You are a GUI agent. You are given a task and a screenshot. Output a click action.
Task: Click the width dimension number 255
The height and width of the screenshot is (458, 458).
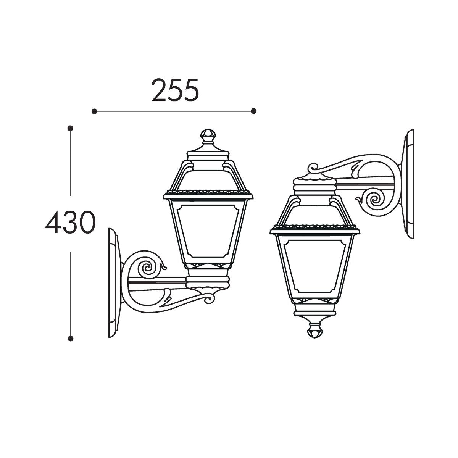[175, 90]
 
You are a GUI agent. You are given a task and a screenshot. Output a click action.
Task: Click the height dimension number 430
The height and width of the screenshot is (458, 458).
[70, 222]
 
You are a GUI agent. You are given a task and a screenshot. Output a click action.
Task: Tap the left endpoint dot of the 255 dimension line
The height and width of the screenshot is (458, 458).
[94, 111]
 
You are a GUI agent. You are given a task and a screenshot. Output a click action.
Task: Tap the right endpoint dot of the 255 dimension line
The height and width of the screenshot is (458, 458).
[253, 111]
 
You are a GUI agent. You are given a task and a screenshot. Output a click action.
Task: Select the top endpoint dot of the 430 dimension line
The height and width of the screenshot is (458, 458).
[70, 128]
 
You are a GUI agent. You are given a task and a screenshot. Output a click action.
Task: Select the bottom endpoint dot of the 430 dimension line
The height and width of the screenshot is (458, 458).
[70, 339]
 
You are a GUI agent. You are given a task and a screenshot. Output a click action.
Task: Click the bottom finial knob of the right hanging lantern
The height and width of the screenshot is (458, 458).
[314, 331]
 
